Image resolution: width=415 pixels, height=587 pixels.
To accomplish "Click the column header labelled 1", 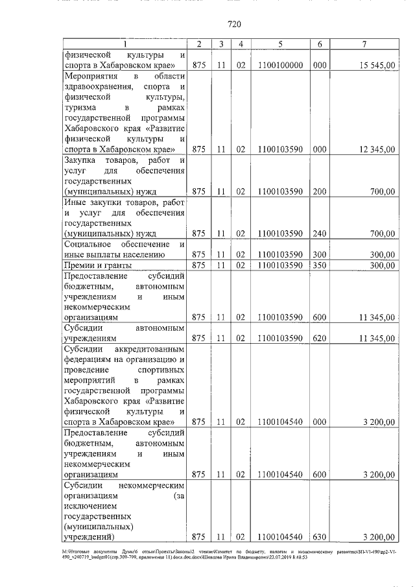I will click(125, 43).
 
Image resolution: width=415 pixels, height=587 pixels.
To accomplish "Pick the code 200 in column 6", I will click(319, 191).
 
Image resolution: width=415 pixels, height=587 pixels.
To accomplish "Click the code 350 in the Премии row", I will click(319, 265).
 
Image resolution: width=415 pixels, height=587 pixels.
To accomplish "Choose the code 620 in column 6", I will click(319, 339).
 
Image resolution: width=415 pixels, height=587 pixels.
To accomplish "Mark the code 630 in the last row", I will click(319, 537).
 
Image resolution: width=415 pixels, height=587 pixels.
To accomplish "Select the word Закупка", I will click(82, 160).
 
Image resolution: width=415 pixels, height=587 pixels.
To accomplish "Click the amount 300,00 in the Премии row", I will click(381, 265).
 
